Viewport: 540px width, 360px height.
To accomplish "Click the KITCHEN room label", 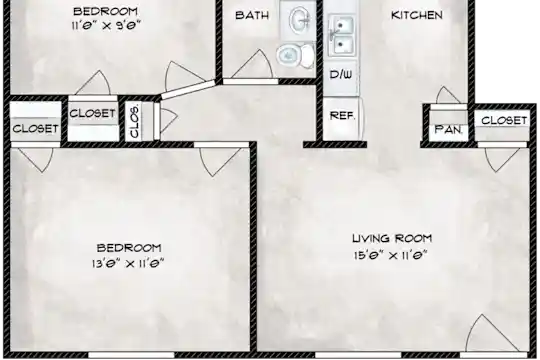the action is coord(417,15).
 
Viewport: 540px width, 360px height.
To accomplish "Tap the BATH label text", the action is coord(252,15).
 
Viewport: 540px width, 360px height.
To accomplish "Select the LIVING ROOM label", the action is coord(392,238).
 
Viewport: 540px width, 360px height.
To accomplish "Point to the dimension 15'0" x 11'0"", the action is coord(391,255).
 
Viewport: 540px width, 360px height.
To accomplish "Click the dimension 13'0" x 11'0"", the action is coord(128,264).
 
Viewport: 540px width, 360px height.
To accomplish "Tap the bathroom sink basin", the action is coord(299,20).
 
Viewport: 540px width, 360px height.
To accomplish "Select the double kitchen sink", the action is coord(340,35).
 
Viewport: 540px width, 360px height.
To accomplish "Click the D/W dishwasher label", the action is coord(341,74).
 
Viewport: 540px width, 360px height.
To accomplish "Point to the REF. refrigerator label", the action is coord(342,115).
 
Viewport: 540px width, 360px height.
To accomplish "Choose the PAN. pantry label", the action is coord(448,130).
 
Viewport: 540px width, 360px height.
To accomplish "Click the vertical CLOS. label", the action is coord(135,122).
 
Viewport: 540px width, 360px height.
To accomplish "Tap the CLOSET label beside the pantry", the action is coord(504,121).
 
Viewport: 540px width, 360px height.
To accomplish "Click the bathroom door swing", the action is coord(253,65).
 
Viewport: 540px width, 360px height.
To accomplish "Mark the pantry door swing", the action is coord(448,95).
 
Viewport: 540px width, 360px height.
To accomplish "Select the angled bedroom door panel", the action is coord(188,90).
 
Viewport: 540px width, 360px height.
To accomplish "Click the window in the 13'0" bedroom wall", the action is coord(131,355).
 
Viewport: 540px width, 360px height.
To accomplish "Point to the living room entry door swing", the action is coord(490,333).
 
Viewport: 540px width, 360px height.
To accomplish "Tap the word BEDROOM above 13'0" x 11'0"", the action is coord(129,248).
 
